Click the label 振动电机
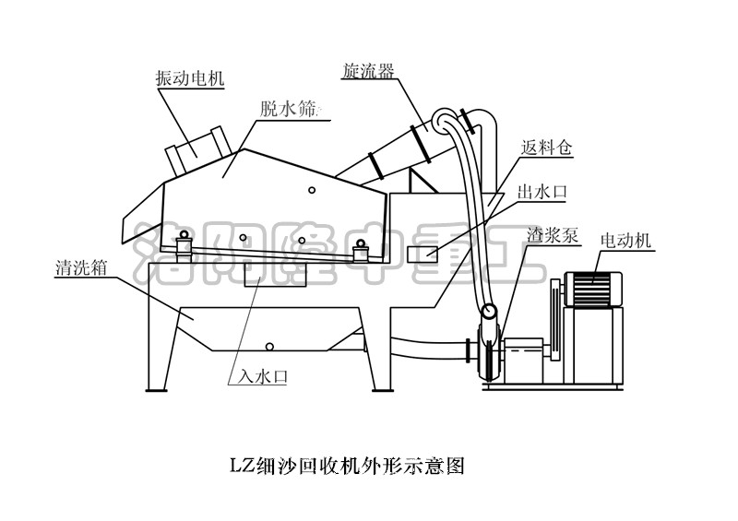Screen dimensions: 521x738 pos(189,79)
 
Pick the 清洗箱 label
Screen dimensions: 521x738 pos(82,269)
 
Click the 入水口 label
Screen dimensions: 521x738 pos(256,375)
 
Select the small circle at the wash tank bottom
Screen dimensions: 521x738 pos(269,347)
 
